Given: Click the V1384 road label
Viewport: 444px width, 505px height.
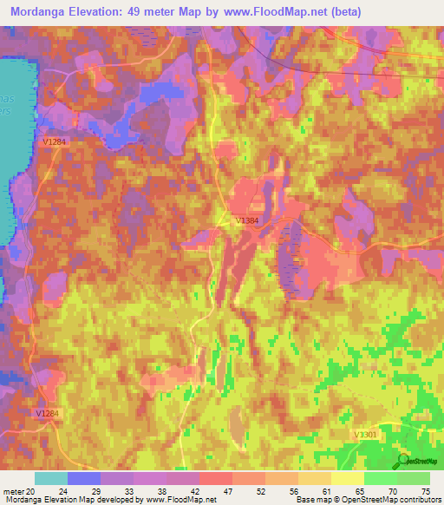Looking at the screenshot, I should coord(247,221).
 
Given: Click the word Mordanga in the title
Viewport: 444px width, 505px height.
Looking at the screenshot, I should coord(42,12).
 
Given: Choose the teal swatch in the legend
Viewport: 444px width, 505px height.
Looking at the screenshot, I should coord(51,478).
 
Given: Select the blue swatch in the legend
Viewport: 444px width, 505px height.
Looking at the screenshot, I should coord(84,478).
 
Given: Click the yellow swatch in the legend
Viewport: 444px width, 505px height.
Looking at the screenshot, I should coord(348,478).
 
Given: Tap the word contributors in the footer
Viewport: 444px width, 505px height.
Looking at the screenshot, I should coord(415,500).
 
